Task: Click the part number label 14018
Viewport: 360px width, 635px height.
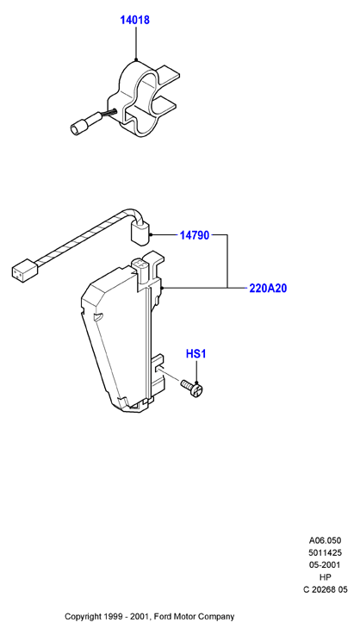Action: tap(135, 20)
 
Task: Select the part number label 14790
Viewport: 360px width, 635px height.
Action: tap(195, 235)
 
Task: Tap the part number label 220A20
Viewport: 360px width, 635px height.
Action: tap(268, 289)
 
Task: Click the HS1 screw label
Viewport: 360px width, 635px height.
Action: tap(196, 354)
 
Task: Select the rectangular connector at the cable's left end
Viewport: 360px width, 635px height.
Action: tap(24, 269)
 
